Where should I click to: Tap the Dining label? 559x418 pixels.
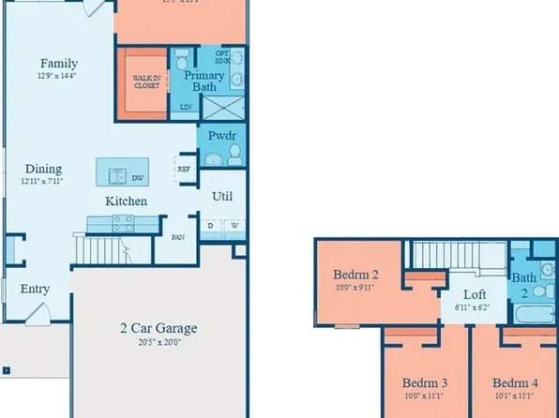pyautogui.click(x=43, y=169)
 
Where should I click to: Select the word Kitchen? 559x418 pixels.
pyautogui.click(x=125, y=201)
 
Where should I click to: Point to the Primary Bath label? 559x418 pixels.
pyautogui.click(x=204, y=81)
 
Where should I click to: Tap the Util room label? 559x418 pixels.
pyautogui.click(x=223, y=197)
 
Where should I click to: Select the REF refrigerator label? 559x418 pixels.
pyautogui.click(x=184, y=171)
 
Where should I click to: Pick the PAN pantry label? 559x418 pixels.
pyautogui.click(x=177, y=237)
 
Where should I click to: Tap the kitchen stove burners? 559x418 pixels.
pyautogui.click(x=124, y=222)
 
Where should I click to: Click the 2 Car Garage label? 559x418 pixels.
pyautogui.click(x=159, y=328)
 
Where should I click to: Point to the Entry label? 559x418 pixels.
pyautogui.click(x=35, y=290)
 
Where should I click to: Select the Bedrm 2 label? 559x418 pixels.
pyautogui.click(x=356, y=275)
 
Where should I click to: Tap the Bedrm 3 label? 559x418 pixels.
pyautogui.click(x=425, y=382)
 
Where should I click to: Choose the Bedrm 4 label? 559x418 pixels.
pyautogui.click(x=516, y=382)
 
